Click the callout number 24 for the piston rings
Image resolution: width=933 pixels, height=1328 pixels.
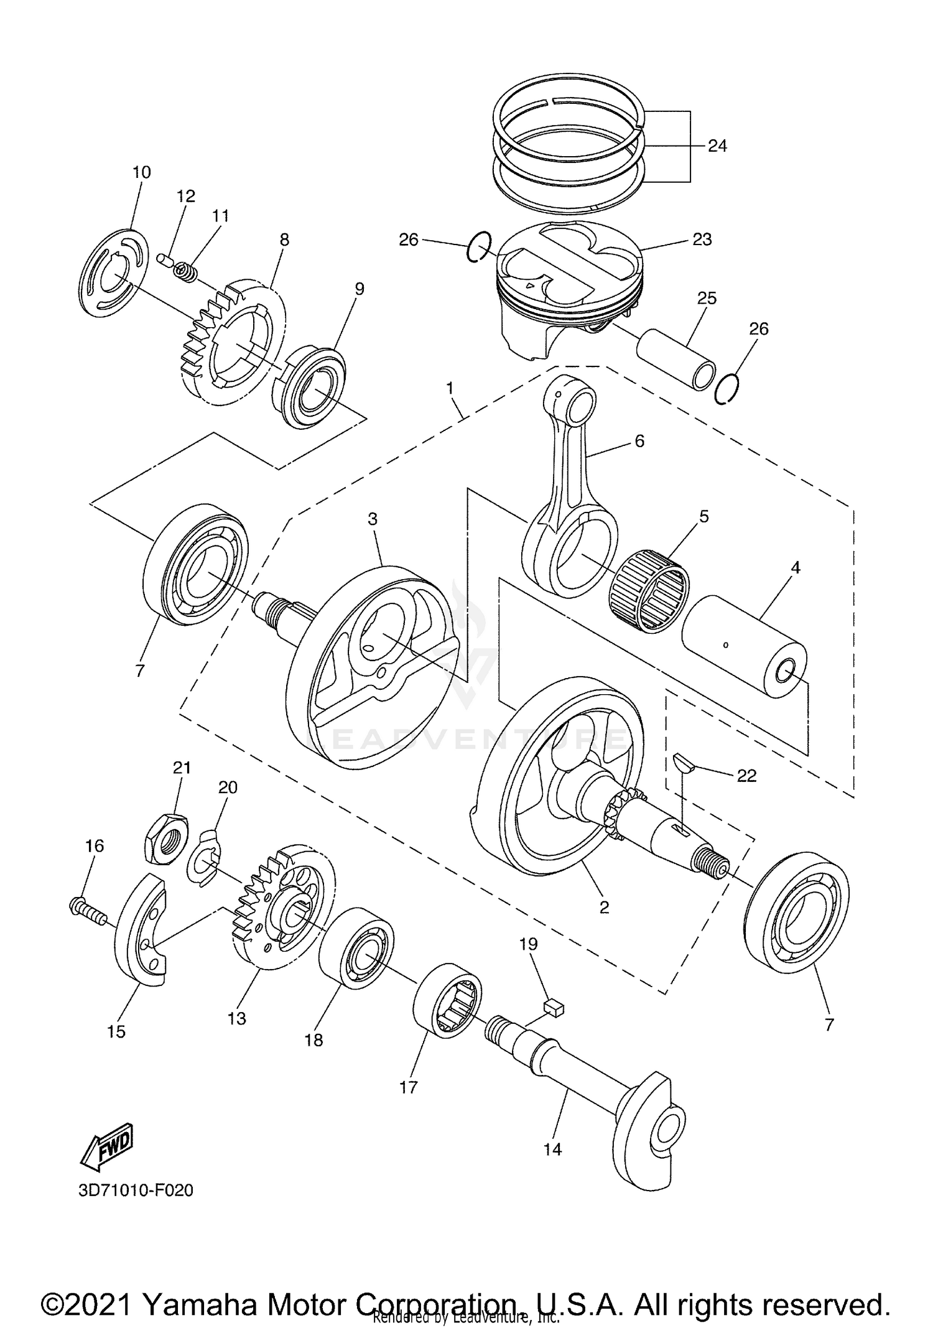click(x=717, y=146)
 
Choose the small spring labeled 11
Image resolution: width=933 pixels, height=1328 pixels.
click(x=183, y=272)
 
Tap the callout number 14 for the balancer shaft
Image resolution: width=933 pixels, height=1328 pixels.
click(x=552, y=1149)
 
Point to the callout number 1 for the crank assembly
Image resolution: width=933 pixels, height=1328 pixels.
click(x=449, y=389)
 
